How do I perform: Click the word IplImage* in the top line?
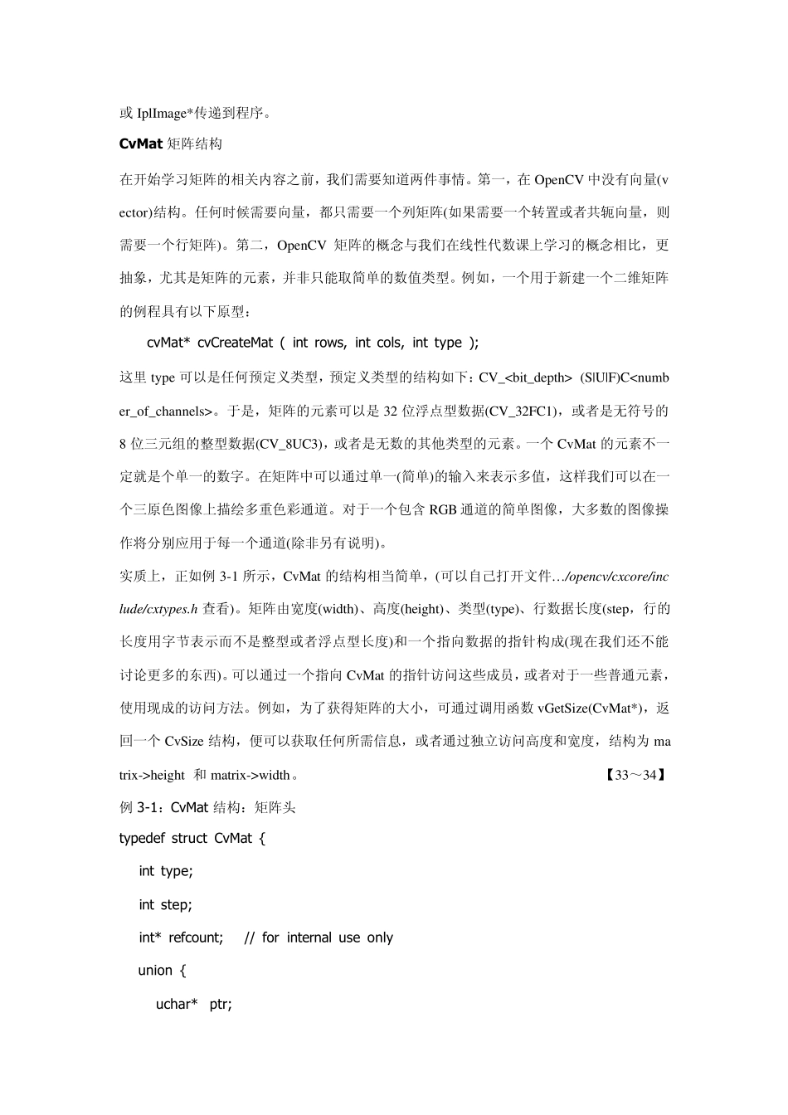(165, 113)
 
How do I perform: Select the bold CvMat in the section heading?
(140, 144)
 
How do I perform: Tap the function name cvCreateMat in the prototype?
(235, 343)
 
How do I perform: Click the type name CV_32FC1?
(522, 411)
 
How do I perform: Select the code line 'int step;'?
(165, 905)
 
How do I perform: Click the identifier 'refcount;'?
(197, 938)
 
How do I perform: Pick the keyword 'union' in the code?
(155, 971)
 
